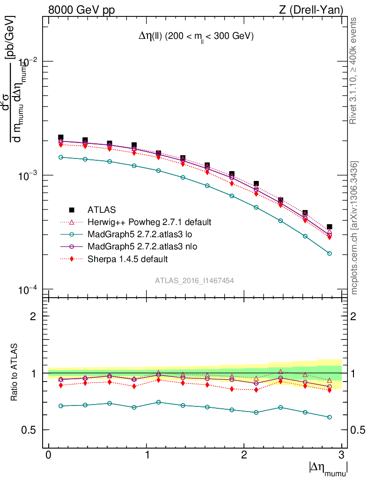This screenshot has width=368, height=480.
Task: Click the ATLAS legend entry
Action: coord(101,210)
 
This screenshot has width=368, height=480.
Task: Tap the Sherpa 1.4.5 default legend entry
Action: coord(127,258)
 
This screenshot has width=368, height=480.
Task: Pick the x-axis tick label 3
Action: coord(341,455)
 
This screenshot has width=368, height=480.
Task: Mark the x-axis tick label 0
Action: coord(49,455)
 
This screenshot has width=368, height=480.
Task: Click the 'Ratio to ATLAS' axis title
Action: coord(15,373)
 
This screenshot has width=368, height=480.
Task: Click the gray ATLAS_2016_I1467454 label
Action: coord(194,280)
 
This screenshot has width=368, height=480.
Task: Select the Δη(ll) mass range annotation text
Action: coord(196,37)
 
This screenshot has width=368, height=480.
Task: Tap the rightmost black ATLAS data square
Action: coord(330,227)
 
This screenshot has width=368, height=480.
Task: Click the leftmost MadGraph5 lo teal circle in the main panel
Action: coord(60,157)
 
